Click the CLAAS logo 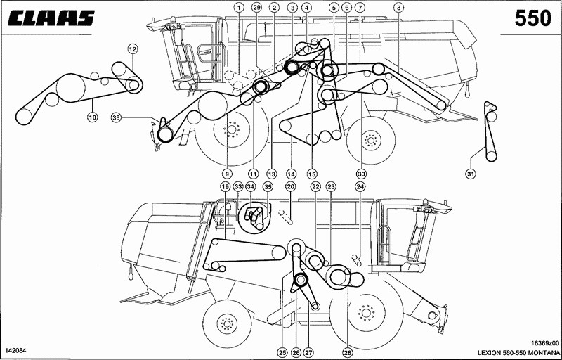(51, 18)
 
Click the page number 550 (532, 18)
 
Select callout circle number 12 (132, 49)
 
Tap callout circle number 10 (93, 117)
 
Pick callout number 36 (115, 117)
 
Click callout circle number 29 (256, 7)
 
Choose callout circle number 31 (471, 174)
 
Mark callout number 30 (360, 174)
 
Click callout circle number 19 (225, 186)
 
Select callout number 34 (251, 186)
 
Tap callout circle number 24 (360, 186)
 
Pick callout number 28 (347, 353)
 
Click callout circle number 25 (283, 353)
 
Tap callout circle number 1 (239, 7)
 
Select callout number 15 (312, 174)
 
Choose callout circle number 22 (315, 186)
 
